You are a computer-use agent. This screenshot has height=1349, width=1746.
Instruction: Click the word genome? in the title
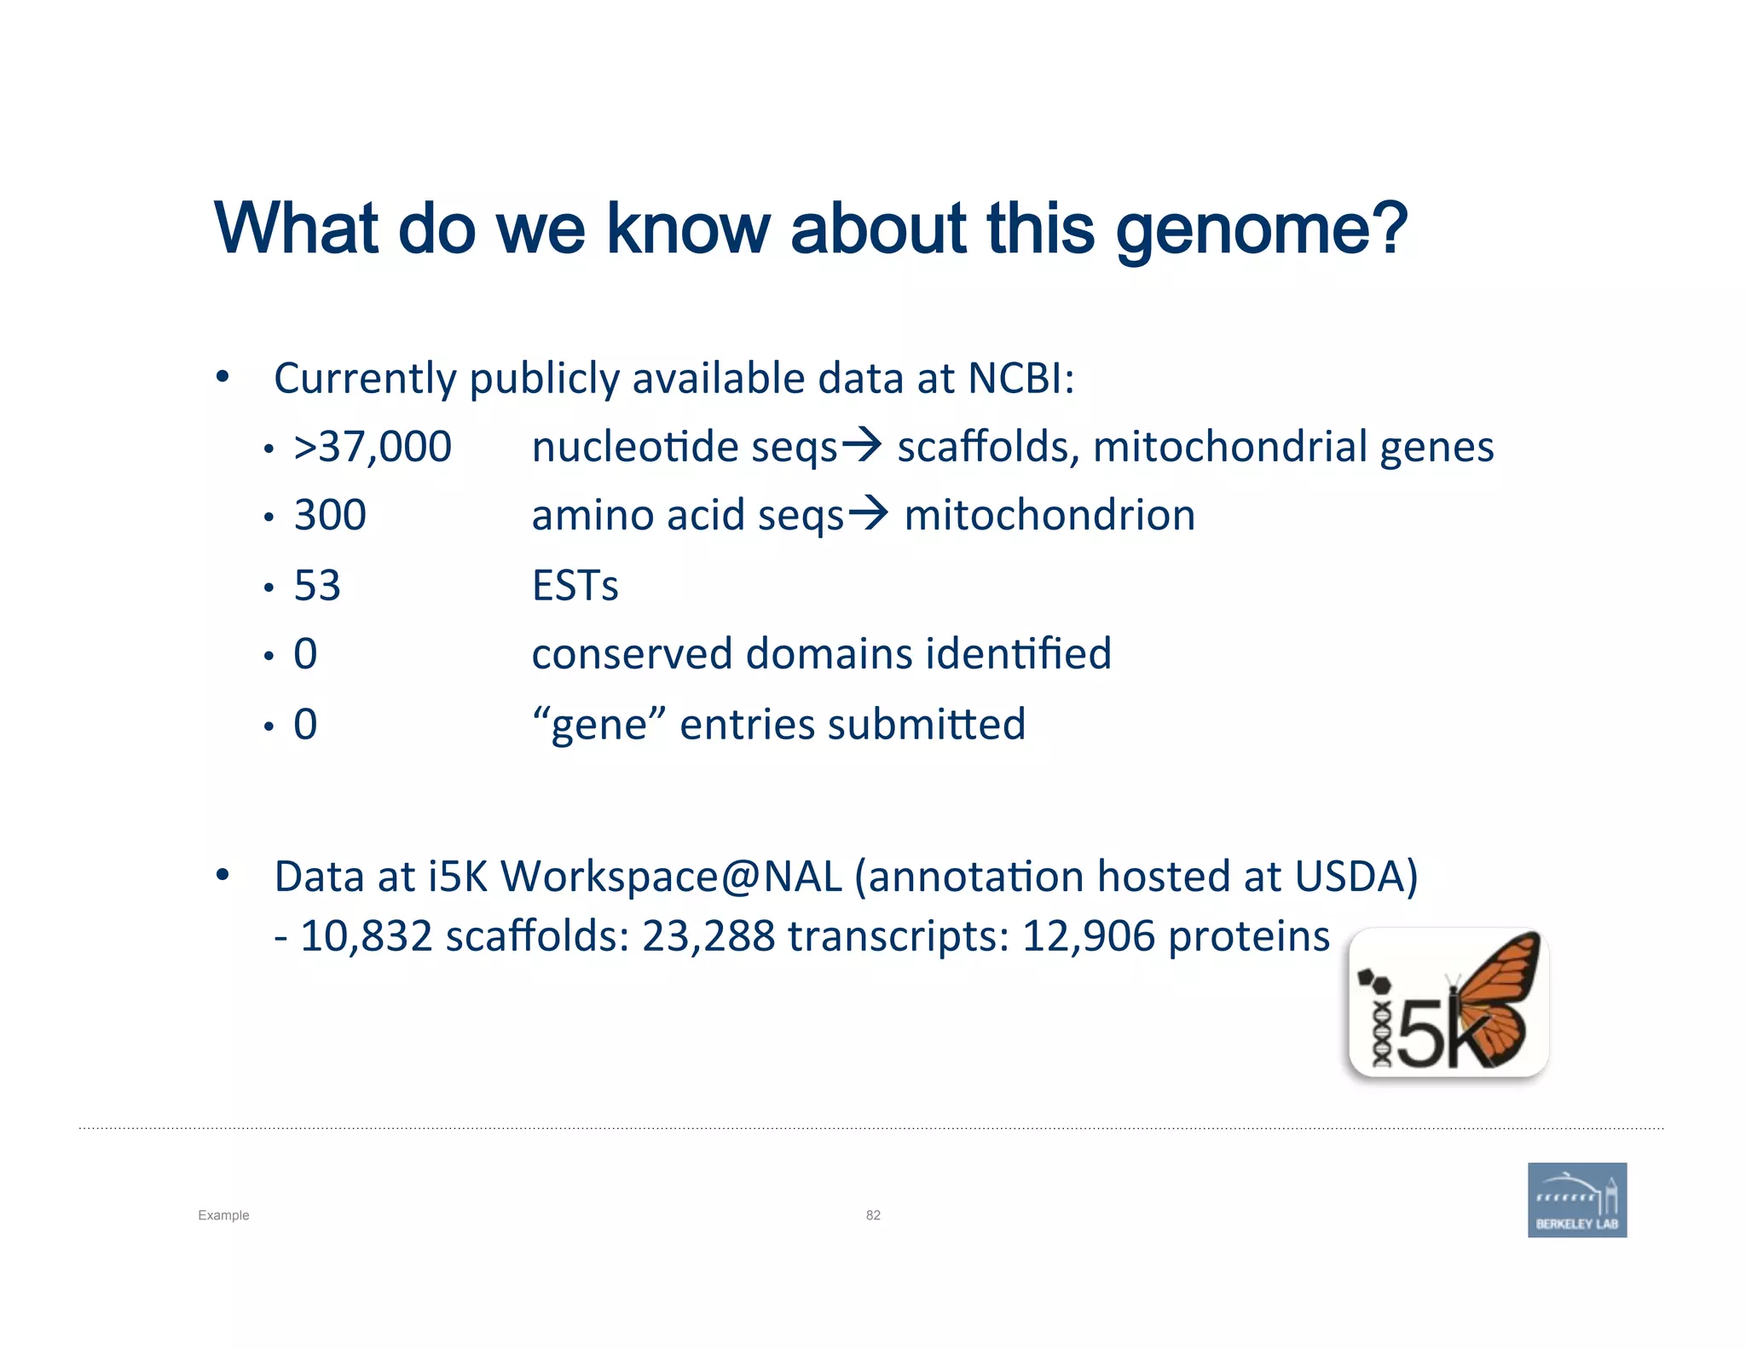pyautogui.click(x=1261, y=230)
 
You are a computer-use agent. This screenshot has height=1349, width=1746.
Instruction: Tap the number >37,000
pyautogui.click(x=373, y=447)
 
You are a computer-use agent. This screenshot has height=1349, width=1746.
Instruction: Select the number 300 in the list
pyautogui.click(x=330, y=516)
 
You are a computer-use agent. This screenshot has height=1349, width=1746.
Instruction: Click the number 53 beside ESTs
pyautogui.click(x=317, y=586)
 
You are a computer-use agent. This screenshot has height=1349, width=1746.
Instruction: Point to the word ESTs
pyautogui.click(x=575, y=586)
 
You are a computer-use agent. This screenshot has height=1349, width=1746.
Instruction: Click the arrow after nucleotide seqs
pyautogui.click(x=861, y=444)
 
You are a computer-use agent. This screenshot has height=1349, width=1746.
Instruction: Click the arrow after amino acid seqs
pyautogui.click(x=868, y=513)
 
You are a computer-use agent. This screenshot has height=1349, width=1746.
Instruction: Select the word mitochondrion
pyautogui.click(x=1049, y=516)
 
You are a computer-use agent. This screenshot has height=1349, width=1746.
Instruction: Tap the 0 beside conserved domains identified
pyautogui.click(x=305, y=655)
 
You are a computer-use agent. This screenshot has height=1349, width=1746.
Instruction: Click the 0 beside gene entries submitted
pyautogui.click(x=305, y=725)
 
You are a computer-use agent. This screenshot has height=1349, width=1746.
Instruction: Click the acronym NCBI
pyautogui.click(x=1020, y=378)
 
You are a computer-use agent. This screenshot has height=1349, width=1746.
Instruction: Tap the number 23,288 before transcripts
pyautogui.click(x=708, y=936)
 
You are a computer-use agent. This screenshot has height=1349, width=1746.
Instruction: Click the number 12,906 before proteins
pyautogui.click(x=1089, y=936)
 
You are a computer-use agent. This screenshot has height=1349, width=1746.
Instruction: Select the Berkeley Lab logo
pyautogui.click(x=1576, y=1200)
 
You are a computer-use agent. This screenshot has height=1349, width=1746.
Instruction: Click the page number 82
pyautogui.click(x=873, y=1215)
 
